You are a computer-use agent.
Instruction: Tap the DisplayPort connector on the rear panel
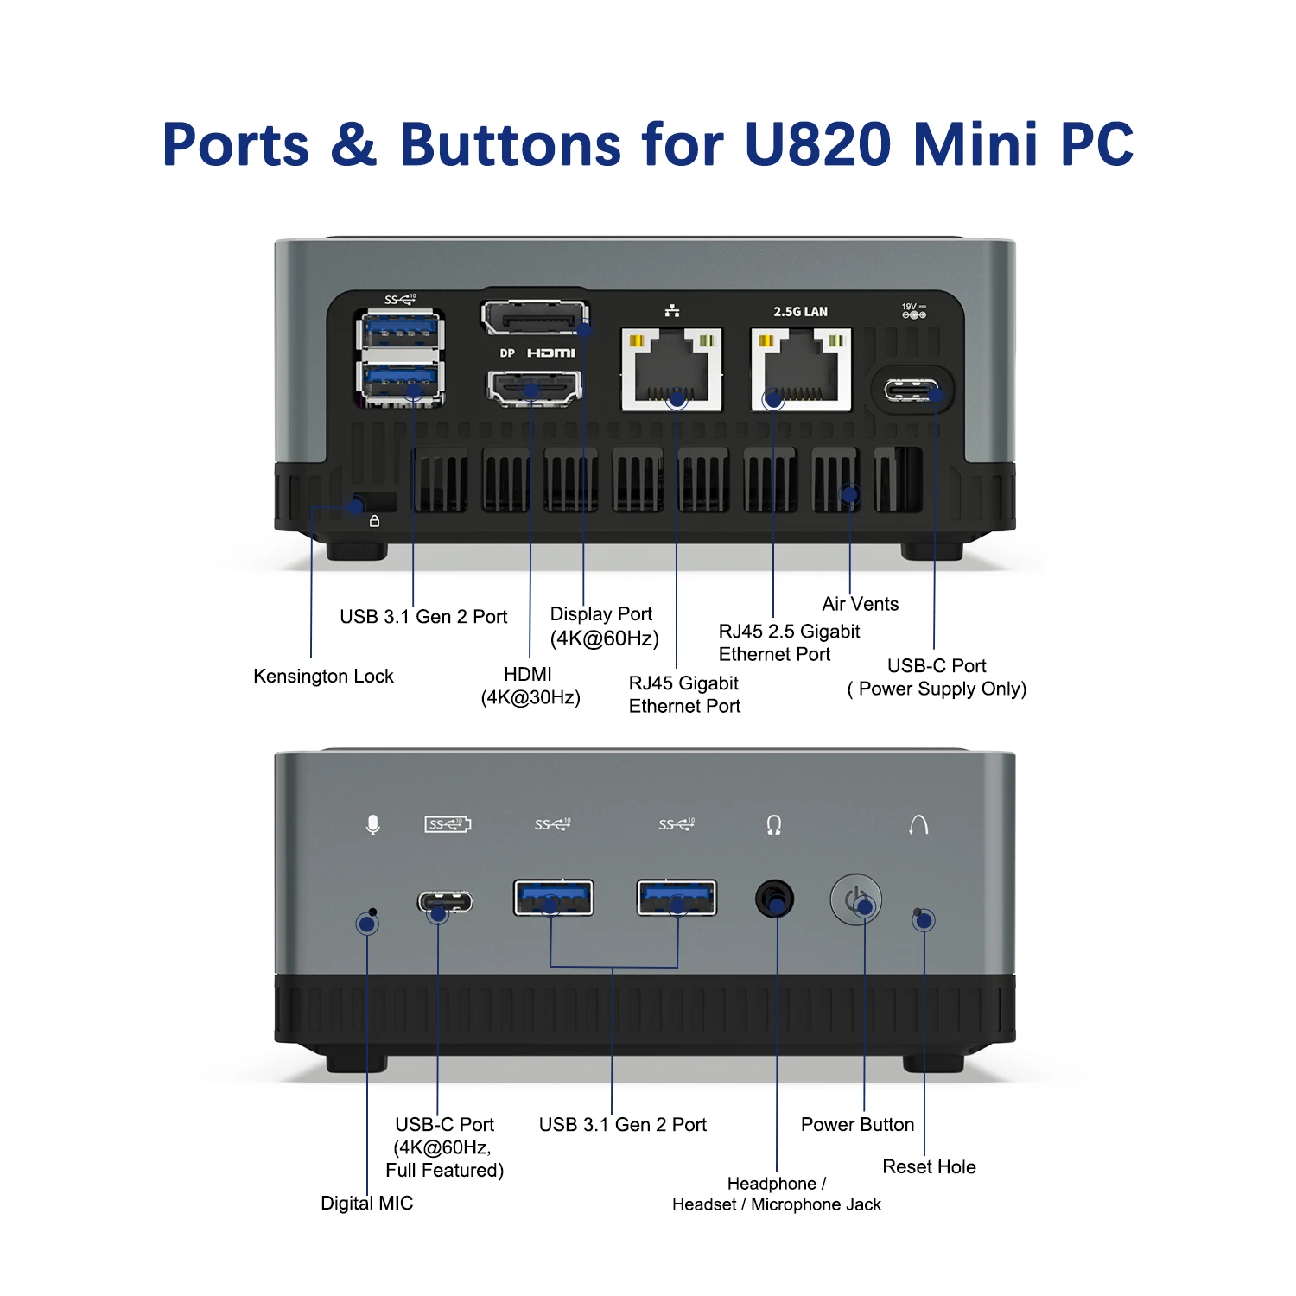535,318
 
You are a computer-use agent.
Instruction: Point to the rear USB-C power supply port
911,391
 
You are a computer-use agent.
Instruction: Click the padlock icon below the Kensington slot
374,521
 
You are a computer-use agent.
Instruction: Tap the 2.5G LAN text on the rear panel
800,311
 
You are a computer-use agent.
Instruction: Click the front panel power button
855,899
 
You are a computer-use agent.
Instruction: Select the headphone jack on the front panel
774,899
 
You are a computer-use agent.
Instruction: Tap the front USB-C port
446,902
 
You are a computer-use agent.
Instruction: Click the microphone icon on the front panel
372,824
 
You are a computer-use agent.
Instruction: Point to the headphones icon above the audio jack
774,825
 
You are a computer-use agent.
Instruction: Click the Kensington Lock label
323,676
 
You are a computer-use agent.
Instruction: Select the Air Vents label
860,604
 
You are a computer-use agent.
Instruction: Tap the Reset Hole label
929,1166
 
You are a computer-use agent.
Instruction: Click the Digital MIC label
366,1203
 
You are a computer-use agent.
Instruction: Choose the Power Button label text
857,1124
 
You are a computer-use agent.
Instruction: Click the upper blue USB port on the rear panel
400,331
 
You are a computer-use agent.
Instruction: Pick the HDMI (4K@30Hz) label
530,685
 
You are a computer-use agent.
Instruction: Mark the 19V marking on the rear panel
909,307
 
